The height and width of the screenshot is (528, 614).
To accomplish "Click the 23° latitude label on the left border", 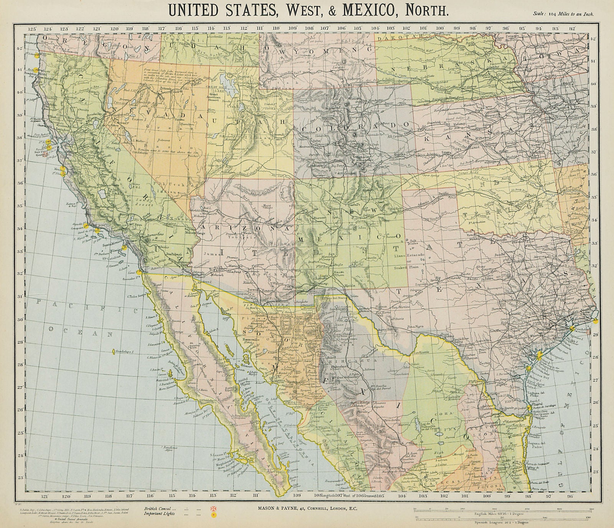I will point(20,478).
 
